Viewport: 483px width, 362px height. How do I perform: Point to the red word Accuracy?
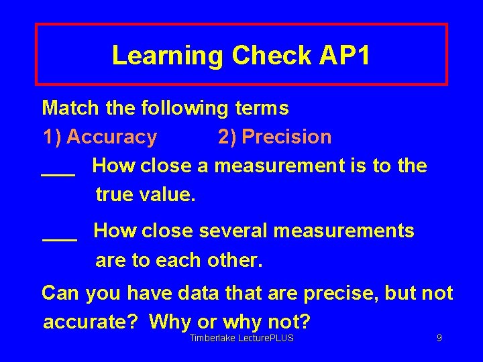pos(111,137)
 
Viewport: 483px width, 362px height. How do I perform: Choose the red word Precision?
pos(286,137)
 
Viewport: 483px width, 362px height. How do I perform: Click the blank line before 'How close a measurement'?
pos(58,173)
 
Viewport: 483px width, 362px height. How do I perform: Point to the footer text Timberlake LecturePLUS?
pos(241,339)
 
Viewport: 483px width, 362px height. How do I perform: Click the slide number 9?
pos(439,339)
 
